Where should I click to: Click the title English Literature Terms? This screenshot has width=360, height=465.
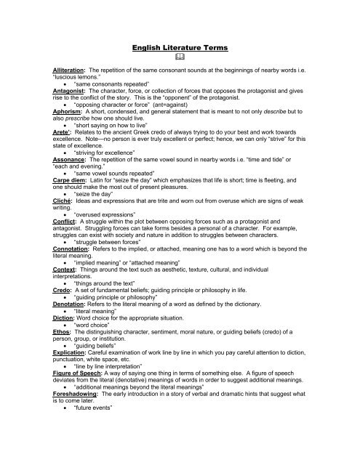pos(180,47)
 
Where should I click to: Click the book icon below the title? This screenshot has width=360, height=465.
pos(180,61)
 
